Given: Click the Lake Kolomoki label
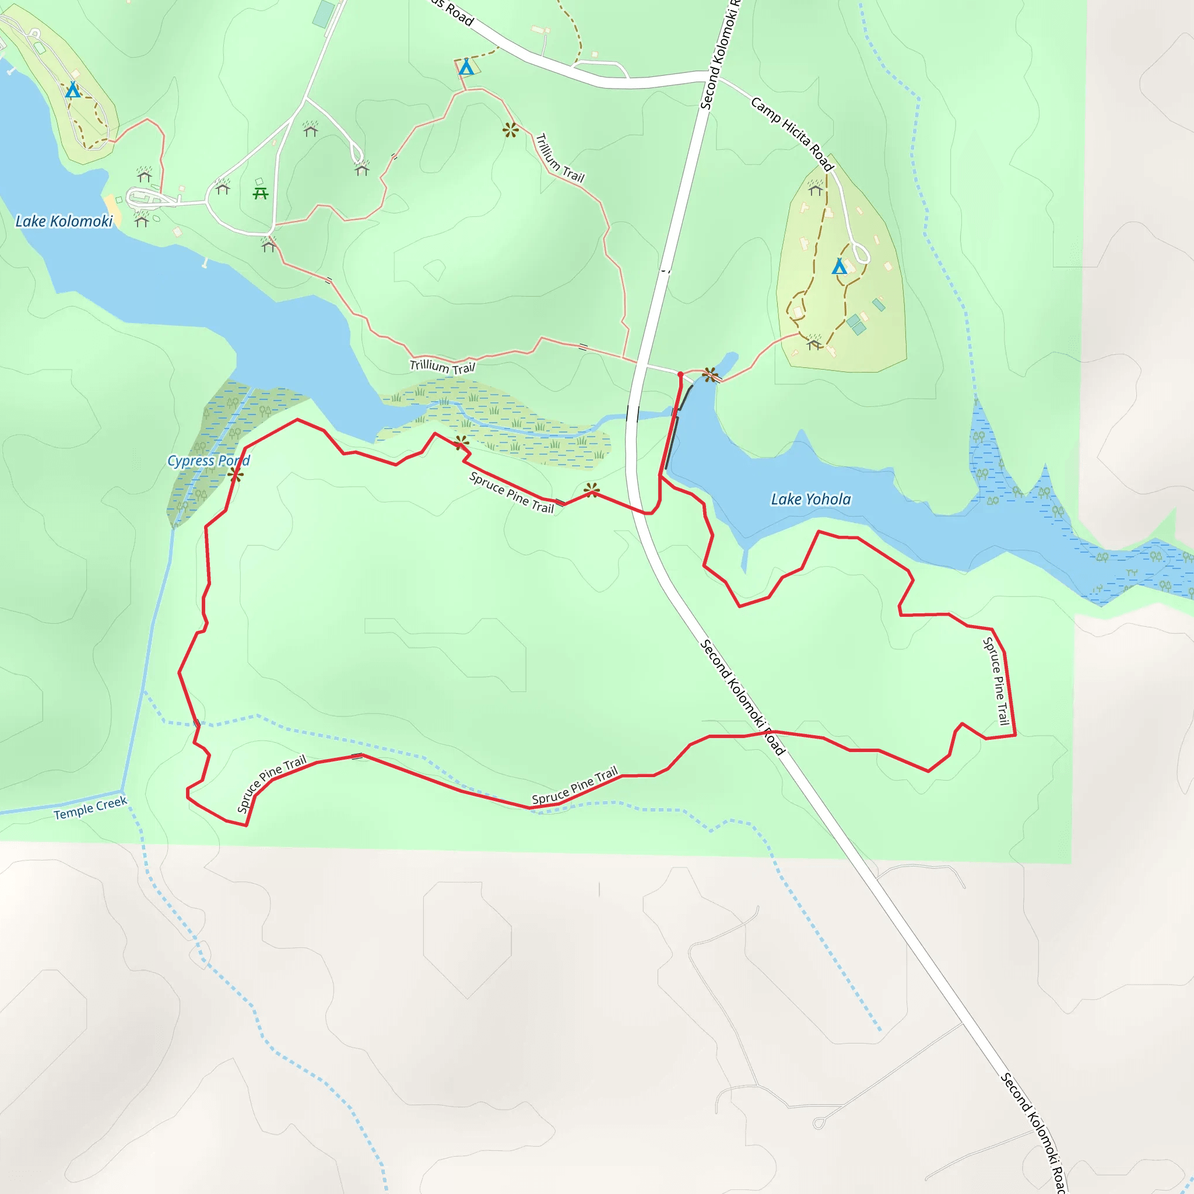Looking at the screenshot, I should click(x=64, y=221).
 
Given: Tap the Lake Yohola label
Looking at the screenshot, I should click(x=811, y=500).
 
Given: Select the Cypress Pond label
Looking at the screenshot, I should click(x=208, y=461).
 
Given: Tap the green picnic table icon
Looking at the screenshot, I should click(x=261, y=194).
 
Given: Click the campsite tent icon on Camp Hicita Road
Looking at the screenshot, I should click(x=838, y=266).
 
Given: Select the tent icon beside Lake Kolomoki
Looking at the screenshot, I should click(x=73, y=90).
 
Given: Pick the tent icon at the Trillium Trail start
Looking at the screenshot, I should click(x=466, y=66).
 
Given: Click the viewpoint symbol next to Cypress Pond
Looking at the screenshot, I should click(x=235, y=475).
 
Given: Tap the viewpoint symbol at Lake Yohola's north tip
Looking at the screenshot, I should click(x=711, y=374).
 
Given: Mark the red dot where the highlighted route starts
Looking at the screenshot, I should click(x=680, y=374).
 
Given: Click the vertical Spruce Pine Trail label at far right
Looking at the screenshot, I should click(x=996, y=681).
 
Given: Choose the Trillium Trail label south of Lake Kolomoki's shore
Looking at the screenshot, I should click(x=443, y=367).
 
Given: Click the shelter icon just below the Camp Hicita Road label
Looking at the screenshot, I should click(x=816, y=188).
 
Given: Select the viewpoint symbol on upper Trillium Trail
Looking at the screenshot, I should click(x=510, y=130).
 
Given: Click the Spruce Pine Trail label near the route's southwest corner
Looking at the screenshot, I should click(x=272, y=784).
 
